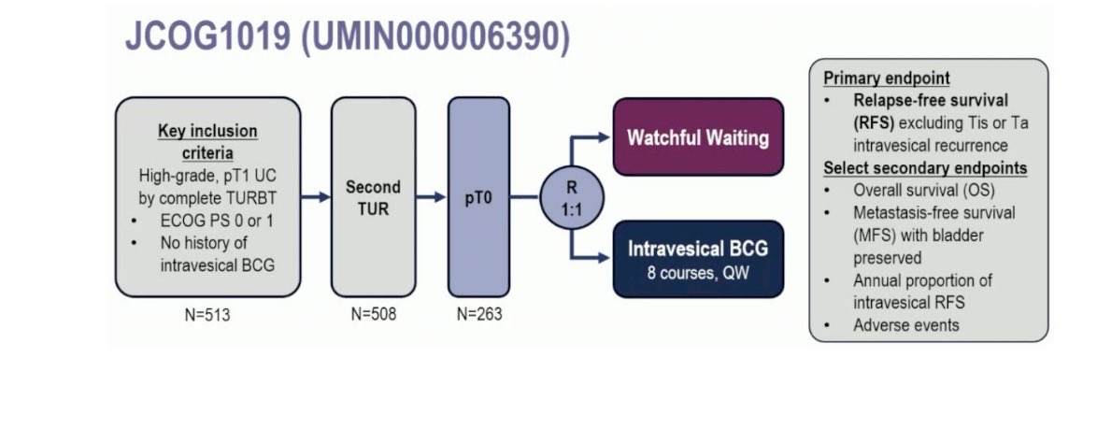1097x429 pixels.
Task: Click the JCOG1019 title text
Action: [x=348, y=36]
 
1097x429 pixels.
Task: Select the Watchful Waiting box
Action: [x=698, y=136]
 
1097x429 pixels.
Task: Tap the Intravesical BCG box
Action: [x=698, y=259]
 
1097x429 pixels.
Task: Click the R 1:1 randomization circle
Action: [x=572, y=198]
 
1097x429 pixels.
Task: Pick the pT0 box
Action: [x=478, y=197]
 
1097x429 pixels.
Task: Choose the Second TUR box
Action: [x=373, y=197]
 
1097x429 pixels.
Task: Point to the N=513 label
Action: [x=207, y=316]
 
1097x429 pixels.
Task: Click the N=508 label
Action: [x=374, y=315]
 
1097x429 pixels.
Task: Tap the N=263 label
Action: [x=479, y=315]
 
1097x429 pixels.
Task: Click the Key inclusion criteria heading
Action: [x=207, y=142]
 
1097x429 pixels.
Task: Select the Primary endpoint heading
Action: [x=887, y=79]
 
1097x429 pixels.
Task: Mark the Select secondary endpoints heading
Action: [x=925, y=168]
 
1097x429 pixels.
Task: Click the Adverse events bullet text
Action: [x=906, y=324]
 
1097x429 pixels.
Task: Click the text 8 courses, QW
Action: [x=698, y=273]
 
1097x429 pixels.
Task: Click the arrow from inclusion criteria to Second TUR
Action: [x=316, y=197]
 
